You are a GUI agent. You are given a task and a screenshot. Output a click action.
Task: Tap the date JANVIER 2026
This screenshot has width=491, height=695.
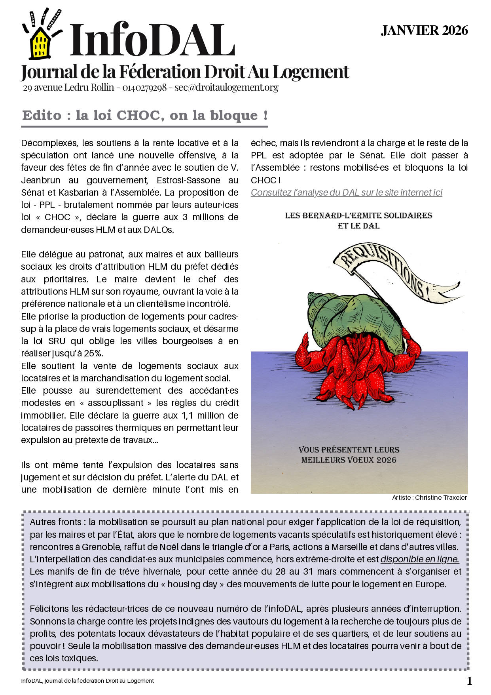[x=424, y=30]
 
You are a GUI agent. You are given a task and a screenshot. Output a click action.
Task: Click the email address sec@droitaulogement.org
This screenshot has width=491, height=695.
[x=226, y=88]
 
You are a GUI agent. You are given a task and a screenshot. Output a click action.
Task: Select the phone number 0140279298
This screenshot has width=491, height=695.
[x=144, y=88]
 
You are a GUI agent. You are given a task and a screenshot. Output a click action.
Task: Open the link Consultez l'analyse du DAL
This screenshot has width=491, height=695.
[x=346, y=192]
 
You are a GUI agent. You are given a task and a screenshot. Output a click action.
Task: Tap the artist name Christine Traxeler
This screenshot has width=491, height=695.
[x=441, y=497]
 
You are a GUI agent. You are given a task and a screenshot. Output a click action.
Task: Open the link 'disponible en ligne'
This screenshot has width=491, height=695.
[x=419, y=559]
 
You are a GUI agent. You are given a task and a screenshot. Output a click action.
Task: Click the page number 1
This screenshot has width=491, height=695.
[x=469, y=681]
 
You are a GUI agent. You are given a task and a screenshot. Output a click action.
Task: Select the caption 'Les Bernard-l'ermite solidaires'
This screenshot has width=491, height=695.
[x=358, y=216]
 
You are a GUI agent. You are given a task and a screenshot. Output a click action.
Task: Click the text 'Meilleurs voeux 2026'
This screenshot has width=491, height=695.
[x=349, y=460]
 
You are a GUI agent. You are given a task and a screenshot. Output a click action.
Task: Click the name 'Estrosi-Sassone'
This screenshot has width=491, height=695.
[x=188, y=180]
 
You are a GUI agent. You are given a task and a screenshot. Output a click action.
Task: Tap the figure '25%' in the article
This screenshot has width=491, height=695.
[x=94, y=353]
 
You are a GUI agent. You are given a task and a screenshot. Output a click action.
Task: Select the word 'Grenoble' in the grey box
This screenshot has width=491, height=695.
[x=101, y=547]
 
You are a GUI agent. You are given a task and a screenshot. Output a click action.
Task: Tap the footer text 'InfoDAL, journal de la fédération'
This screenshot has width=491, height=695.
[x=87, y=681]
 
